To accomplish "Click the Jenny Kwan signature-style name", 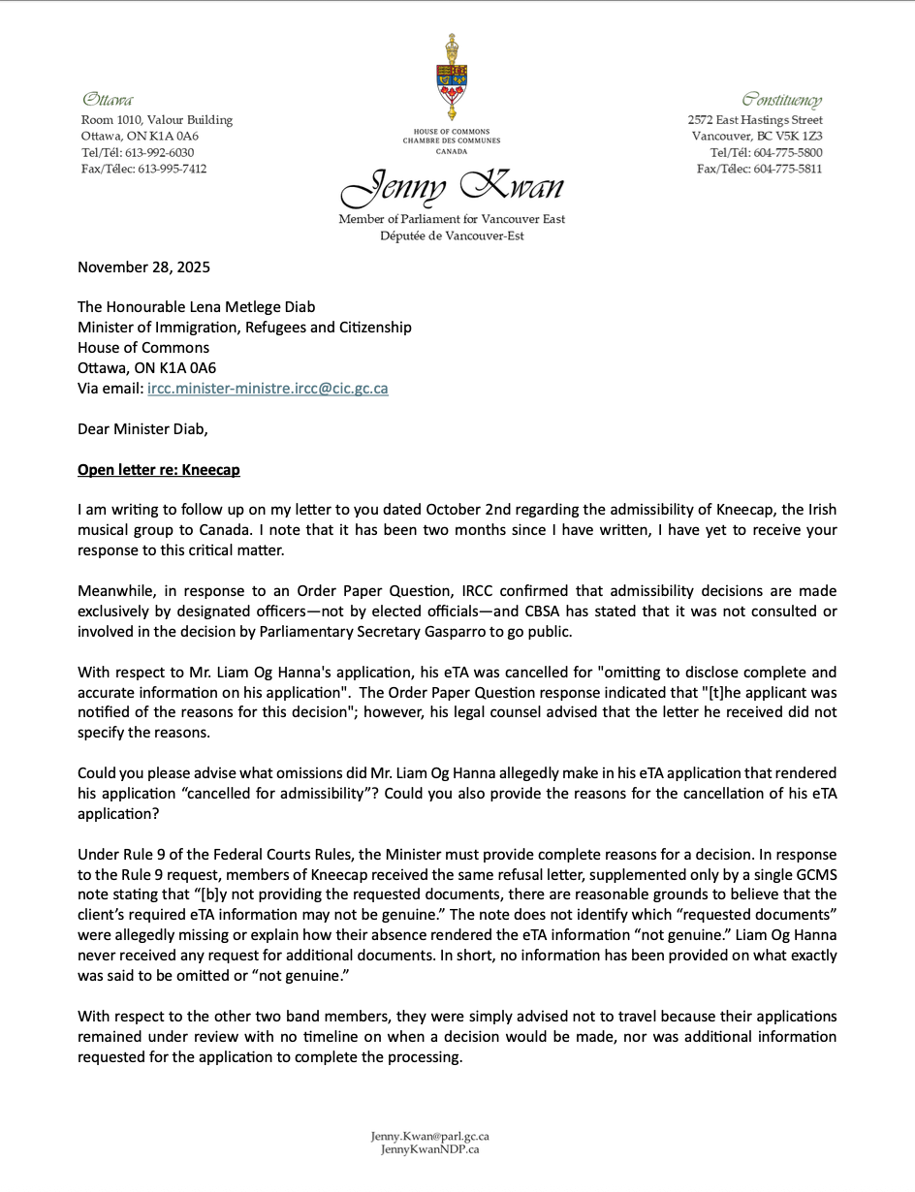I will tap(452, 187).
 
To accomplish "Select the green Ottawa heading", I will tap(108, 100).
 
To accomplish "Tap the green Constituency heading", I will tap(782, 100).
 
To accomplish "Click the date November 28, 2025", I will tap(143, 267).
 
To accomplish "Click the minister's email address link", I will tap(268, 388).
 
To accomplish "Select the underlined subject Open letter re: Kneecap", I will tap(159, 470).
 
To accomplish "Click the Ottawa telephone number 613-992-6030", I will tap(166, 153).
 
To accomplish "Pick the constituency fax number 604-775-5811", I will tap(788, 169).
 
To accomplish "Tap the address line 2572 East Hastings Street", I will tap(755, 120).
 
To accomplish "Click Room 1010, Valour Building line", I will tap(157, 120).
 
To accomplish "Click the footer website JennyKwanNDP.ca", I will tap(429, 1149).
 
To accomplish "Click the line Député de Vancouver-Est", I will tap(452, 235).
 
